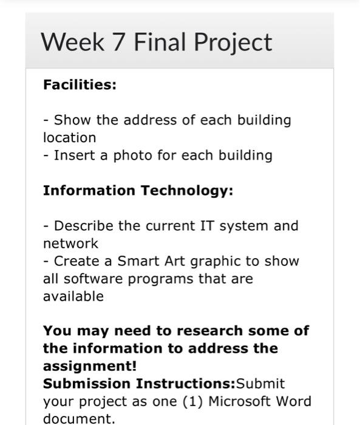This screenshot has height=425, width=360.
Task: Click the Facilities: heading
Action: [x=80, y=84]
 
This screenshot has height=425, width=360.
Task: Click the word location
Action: [x=69, y=138]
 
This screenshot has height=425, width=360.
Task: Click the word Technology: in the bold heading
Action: [x=187, y=191]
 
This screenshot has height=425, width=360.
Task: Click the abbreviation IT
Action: [x=206, y=226]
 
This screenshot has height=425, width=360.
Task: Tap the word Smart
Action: [x=137, y=261]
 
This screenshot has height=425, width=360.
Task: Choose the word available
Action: [x=73, y=296]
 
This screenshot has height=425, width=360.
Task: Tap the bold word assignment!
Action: [x=90, y=366]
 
